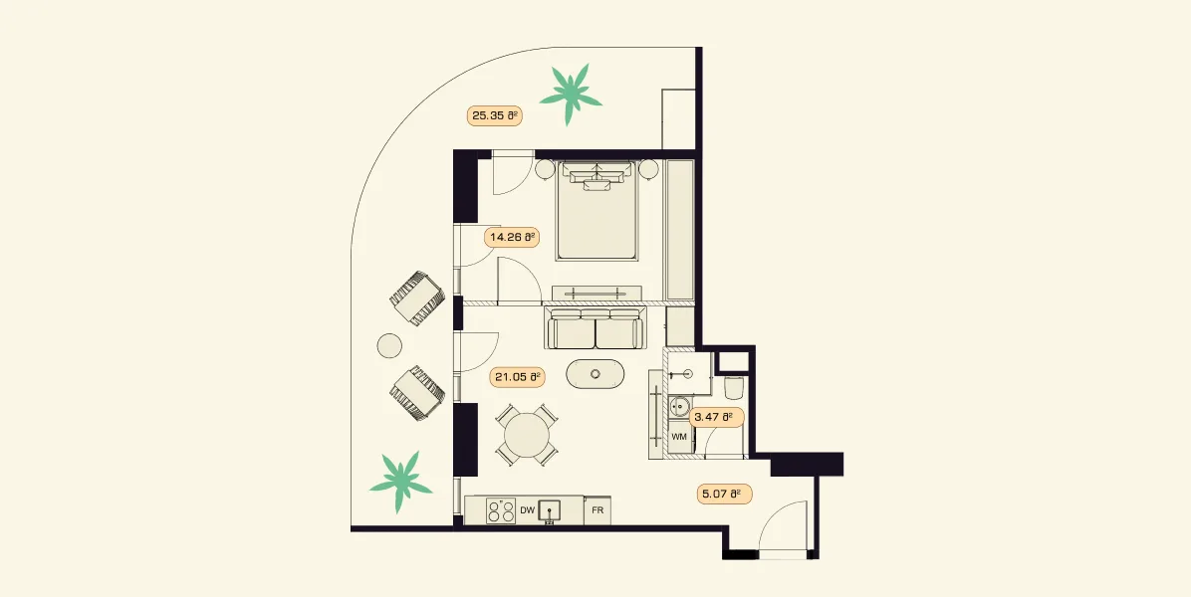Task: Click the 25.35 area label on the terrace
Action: point(495,116)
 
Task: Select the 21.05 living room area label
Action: point(516,376)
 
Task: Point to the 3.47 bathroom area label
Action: point(716,417)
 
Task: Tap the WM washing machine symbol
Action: point(680,437)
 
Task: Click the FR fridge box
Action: point(597,510)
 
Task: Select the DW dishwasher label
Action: point(527,511)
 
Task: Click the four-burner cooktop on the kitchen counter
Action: point(501,510)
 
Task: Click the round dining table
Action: point(527,435)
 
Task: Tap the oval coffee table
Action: point(596,374)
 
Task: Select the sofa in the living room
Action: point(596,328)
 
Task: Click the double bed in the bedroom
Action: point(597,211)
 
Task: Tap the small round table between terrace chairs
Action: point(389,346)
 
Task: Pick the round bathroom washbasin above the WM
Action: point(680,408)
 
